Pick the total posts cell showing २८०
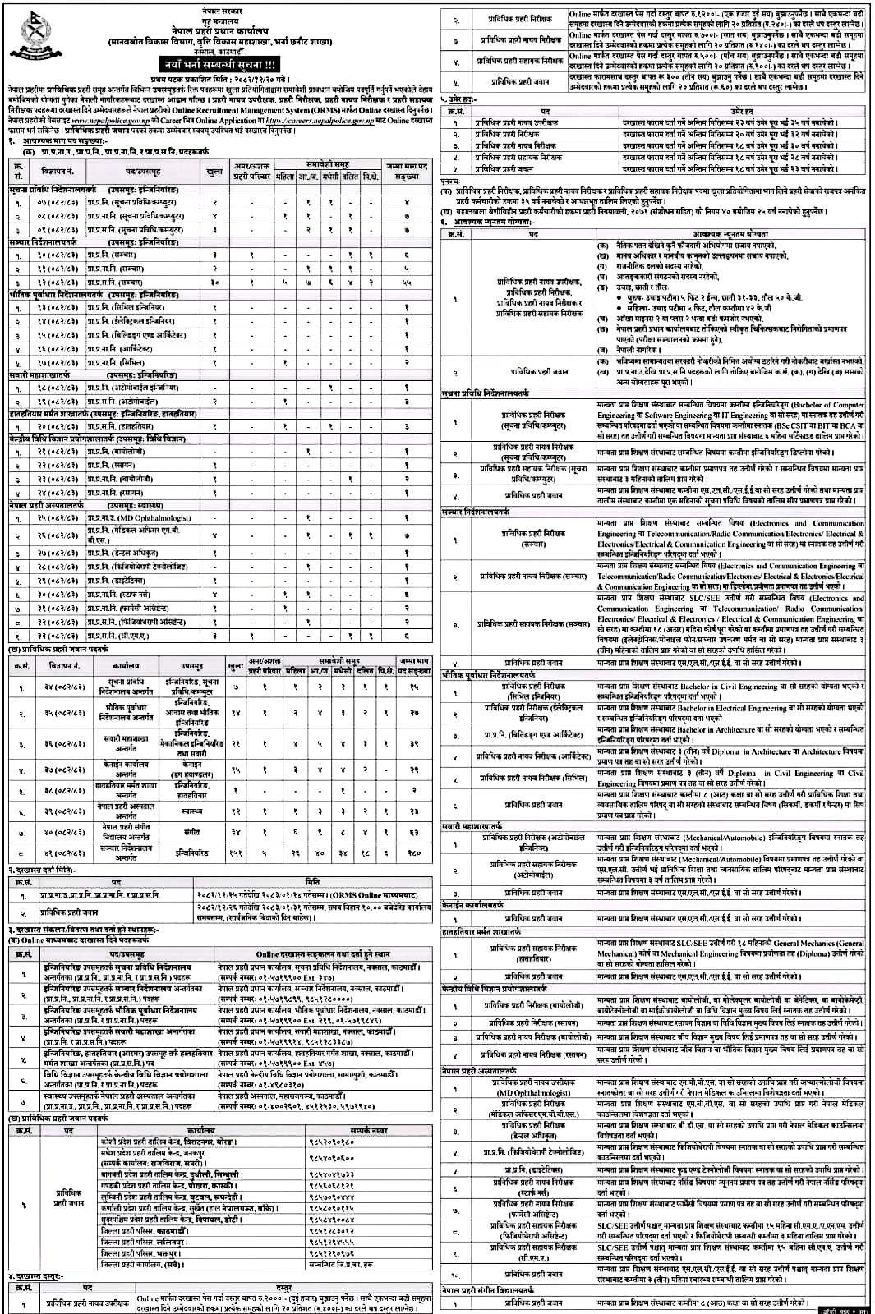pos(414,852)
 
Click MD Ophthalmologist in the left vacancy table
pos(145,518)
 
